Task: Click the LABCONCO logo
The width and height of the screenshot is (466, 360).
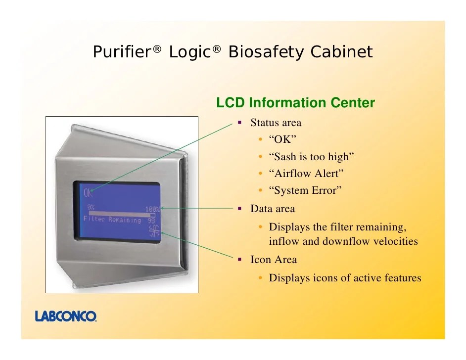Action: tap(66, 316)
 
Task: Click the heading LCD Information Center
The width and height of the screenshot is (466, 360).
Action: tap(295, 103)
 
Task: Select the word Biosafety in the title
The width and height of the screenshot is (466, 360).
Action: tap(264, 52)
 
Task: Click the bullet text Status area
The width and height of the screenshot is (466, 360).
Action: tap(276, 123)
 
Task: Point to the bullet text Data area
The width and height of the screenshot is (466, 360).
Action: tap(273, 209)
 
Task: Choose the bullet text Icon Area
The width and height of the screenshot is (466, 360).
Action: tap(274, 260)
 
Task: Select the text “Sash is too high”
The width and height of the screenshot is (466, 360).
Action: tap(312, 157)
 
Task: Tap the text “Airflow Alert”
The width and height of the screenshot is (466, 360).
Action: tap(306, 174)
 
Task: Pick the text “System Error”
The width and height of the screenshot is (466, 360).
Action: tap(305, 190)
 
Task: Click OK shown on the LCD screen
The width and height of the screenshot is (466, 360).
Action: tap(89, 193)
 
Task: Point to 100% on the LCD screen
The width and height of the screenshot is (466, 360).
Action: tap(152, 209)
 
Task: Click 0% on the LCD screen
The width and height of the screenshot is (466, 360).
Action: tap(91, 207)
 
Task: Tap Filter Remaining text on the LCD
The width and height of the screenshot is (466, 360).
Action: tap(112, 219)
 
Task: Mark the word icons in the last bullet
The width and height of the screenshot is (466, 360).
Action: tap(324, 278)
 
